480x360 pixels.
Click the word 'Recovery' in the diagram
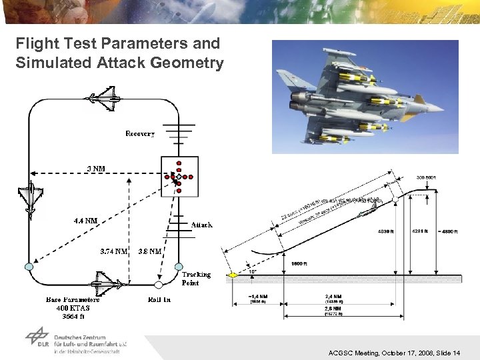tap(140, 134)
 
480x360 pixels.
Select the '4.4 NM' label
tap(85, 220)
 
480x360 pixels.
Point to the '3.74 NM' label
tap(113, 251)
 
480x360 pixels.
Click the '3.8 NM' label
tap(149, 251)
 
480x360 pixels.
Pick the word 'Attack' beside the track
tap(202, 225)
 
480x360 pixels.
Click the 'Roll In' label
tap(159, 299)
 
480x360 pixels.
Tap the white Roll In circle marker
tap(159, 285)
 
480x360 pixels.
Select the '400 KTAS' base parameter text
tap(73, 308)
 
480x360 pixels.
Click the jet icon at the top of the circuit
tap(101, 100)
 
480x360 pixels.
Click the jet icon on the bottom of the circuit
tap(102, 284)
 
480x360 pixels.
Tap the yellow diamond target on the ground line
tap(233, 274)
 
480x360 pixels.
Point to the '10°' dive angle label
tap(251, 271)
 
